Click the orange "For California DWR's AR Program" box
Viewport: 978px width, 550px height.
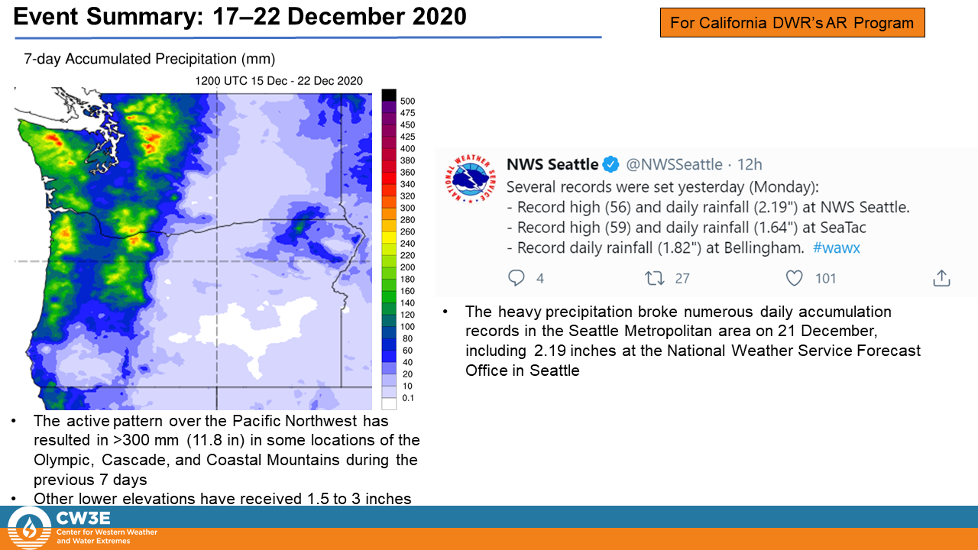[x=792, y=22]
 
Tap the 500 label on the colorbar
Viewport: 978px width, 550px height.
[x=407, y=102]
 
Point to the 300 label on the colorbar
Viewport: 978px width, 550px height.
[x=407, y=209]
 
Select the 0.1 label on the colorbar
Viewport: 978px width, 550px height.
[x=408, y=398]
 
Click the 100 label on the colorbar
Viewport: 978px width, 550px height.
[x=407, y=327]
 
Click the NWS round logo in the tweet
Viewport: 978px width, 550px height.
[x=470, y=179]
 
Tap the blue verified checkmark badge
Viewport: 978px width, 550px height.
[x=610, y=164]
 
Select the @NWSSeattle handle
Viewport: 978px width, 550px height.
[x=674, y=164]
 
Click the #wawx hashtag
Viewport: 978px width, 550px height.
[x=836, y=248]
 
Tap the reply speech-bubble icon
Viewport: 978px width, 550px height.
[x=516, y=278]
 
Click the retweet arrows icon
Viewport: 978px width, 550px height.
[x=655, y=278]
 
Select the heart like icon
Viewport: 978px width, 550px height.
[x=794, y=278]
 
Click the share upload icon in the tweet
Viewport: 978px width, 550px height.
[x=941, y=278]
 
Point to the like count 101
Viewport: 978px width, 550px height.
[x=825, y=279]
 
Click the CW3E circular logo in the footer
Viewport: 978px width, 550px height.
[x=29, y=528]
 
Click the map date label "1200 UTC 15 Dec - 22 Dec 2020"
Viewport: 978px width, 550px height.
[x=279, y=81]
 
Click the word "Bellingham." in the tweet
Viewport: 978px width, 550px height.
[x=764, y=248]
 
